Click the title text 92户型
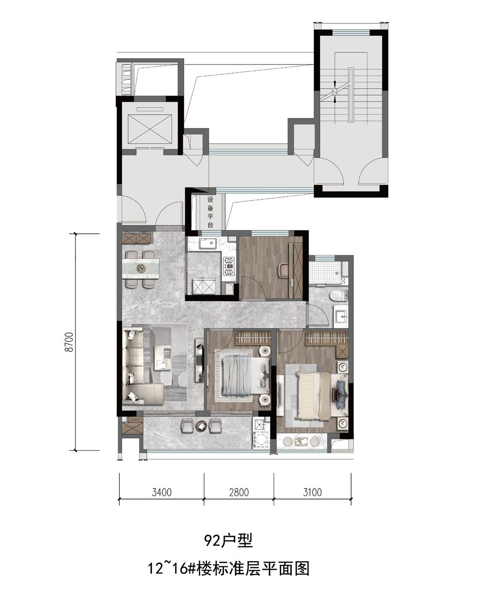tap(228, 541)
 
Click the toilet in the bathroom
tap(339, 295)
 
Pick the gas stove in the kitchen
tap(229, 266)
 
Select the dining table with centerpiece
tap(141, 268)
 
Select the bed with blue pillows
tap(322, 396)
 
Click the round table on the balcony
tap(201, 426)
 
